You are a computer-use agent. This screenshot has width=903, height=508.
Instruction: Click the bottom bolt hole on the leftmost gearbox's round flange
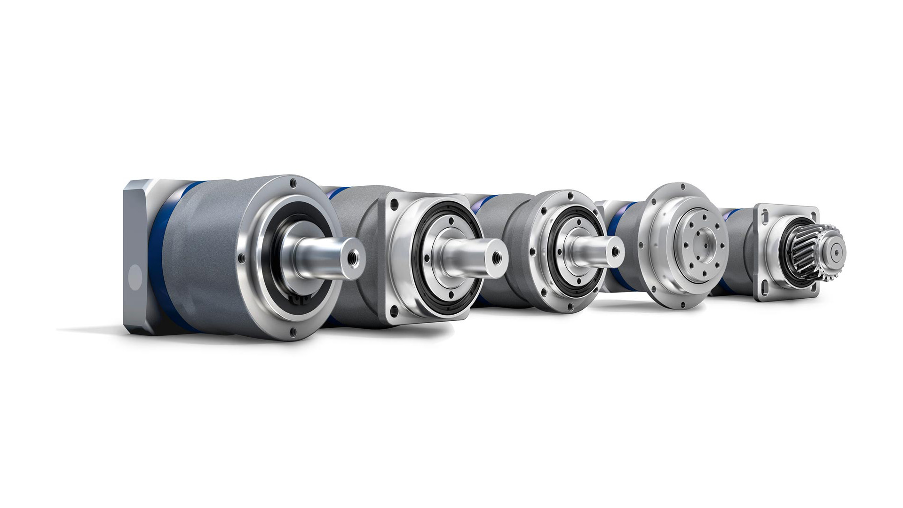click(x=293, y=331)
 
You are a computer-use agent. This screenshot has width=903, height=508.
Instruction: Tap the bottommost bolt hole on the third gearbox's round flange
click(x=570, y=309)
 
